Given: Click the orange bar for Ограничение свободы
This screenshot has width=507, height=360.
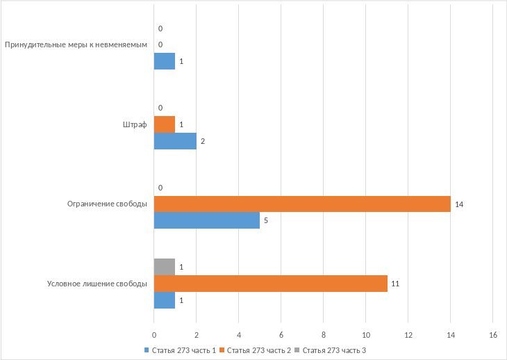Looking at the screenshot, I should tap(302, 204).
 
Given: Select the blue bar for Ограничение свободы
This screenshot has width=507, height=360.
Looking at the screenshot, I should tap(206, 221).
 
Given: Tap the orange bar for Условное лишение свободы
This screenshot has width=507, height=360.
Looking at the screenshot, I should tap(270, 284).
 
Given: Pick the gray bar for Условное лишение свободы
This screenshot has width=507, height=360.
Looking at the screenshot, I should tap(164, 267).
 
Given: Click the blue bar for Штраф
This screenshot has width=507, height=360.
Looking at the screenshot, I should tap(175, 141).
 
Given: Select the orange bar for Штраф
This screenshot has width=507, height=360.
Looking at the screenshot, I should tap(164, 124).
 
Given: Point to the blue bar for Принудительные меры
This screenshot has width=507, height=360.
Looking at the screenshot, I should tap(164, 62).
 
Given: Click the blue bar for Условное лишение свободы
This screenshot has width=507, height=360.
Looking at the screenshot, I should tap(164, 300).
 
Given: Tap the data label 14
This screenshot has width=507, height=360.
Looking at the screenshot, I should tap(458, 205).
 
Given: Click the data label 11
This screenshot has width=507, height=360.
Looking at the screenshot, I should tap(395, 284).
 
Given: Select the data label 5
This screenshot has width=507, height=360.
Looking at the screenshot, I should tap(266, 222).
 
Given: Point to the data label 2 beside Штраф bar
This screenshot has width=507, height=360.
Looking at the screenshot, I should tap(203, 142).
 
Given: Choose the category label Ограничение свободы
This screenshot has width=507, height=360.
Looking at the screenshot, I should tap(107, 204).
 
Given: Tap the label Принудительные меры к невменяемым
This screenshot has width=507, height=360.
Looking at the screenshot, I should tap(76, 45).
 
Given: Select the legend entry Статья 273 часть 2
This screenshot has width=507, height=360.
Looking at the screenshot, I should tap(256, 350).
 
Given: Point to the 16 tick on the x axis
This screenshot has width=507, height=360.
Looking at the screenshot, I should tap(492, 335).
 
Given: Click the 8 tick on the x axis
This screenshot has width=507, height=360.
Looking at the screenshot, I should tap(323, 335).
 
